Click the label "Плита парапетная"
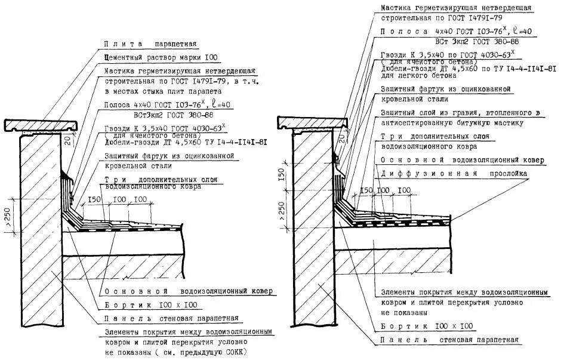pos(150,44)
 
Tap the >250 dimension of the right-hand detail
pos(282,211)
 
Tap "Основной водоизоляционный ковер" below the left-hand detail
pos(188,291)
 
